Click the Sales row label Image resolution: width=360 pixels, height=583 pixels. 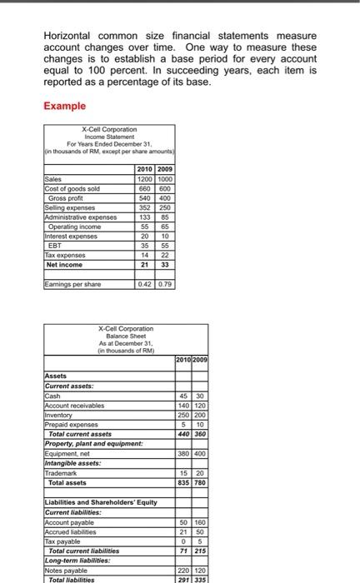[54, 177]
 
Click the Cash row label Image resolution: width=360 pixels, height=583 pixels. [52, 396]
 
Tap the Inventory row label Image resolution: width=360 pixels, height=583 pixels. [58, 413]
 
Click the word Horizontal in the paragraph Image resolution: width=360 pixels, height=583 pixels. [72, 37]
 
